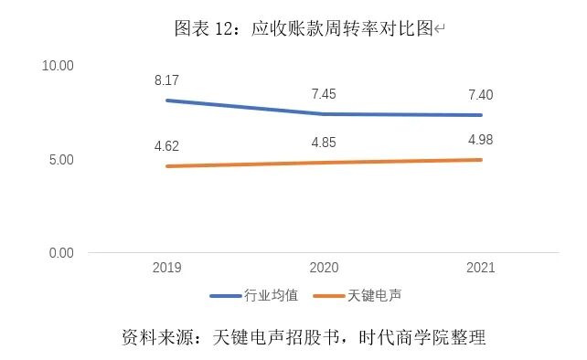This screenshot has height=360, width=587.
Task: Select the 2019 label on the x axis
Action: click(x=166, y=268)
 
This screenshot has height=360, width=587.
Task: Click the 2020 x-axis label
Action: click(x=324, y=268)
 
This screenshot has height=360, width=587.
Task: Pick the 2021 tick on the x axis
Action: click(x=480, y=268)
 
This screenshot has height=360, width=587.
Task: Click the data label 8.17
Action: click(x=166, y=80)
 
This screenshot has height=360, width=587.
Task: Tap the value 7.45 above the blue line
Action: click(x=324, y=94)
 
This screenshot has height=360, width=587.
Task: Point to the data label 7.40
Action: click(x=480, y=95)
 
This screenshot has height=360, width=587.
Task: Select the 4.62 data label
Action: click(x=166, y=144)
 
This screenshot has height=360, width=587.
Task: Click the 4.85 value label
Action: click(x=324, y=142)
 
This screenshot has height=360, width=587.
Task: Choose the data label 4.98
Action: click(x=480, y=139)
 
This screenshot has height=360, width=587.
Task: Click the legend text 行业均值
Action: click(x=271, y=296)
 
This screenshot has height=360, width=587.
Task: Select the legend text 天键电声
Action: click(x=374, y=296)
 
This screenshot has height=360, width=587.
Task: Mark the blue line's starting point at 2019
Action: click(x=166, y=100)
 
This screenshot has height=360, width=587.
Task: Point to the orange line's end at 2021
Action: click(x=481, y=160)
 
